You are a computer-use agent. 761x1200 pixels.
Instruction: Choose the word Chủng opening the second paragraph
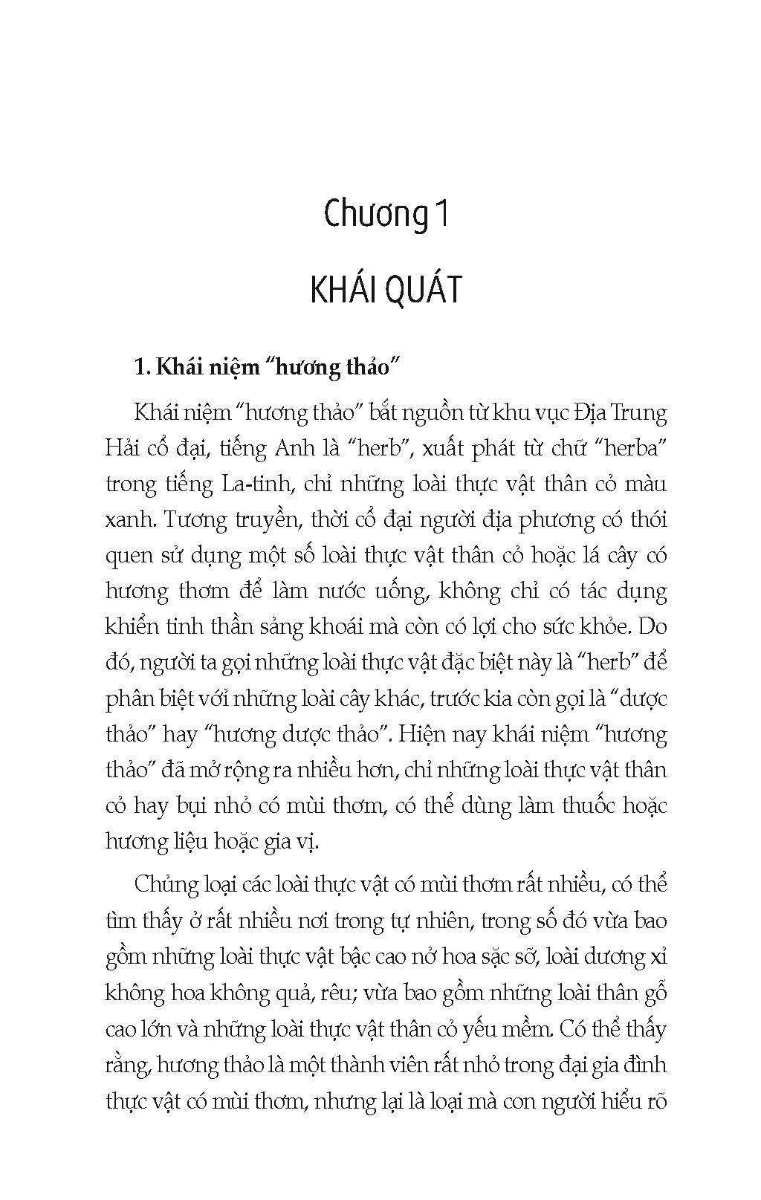[x=166, y=885]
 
